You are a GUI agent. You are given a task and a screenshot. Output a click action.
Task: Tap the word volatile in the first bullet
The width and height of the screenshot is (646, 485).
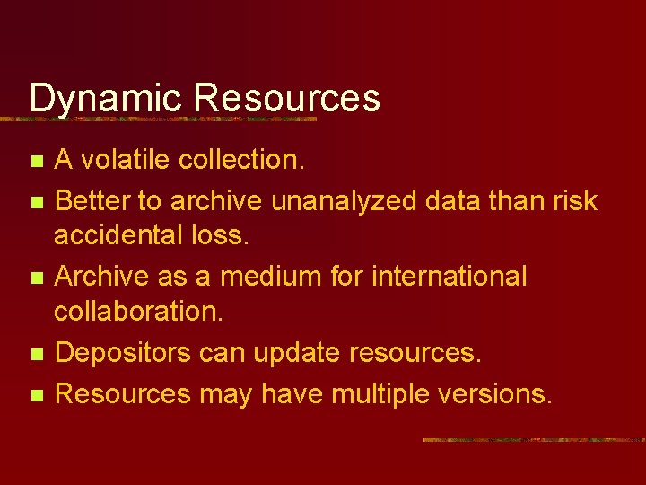pos(125,160)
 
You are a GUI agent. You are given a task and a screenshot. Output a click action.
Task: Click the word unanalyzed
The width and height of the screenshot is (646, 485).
pos(344,200)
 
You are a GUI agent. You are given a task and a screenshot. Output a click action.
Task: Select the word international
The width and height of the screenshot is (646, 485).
pos(450,276)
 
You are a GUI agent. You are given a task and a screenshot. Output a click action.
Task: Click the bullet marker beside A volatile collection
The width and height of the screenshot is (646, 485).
pos(36,163)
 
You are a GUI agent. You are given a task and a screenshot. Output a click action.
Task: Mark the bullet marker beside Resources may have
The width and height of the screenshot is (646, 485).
pos(36,395)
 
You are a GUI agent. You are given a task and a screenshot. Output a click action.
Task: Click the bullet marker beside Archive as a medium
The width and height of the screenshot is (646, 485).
pos(36,278)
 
